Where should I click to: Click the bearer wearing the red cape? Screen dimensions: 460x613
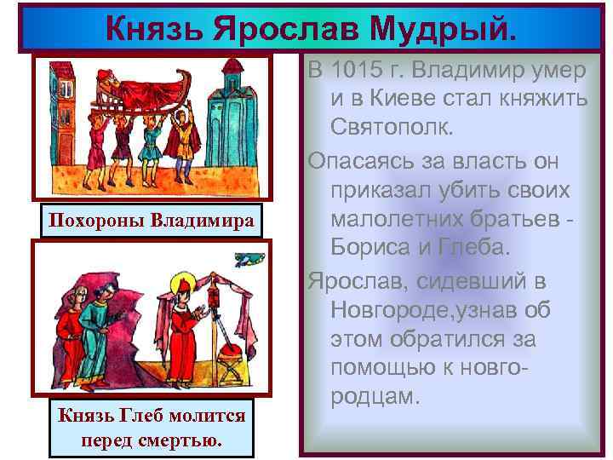[183, 135]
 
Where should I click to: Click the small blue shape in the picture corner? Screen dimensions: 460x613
[248, 257]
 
